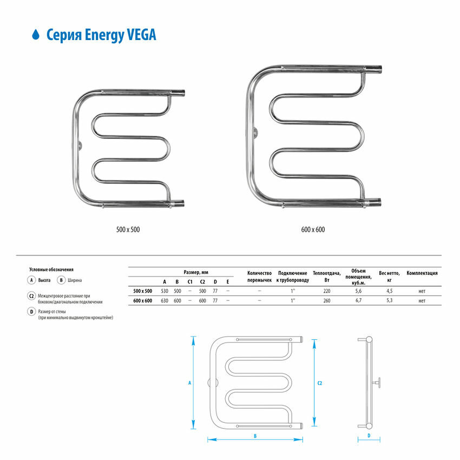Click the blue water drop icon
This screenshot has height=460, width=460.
[36, 35]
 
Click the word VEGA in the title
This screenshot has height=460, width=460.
[141, 35]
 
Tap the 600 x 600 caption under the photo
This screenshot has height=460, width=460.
[313, 229]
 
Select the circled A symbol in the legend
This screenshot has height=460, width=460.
[32, 280]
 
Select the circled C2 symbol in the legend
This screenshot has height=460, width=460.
[32, 296]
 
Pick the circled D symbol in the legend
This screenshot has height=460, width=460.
[32, 312]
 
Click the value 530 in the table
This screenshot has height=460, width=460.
[165, 291]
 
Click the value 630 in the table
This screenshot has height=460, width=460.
[165, 300]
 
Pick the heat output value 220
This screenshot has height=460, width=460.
[326, 291]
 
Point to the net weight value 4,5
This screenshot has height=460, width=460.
[389, 291]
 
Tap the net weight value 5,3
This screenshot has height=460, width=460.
[389, 300]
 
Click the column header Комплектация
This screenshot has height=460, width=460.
[422, 273]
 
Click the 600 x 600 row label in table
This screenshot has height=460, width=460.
[142, 300]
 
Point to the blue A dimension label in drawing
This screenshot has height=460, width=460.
[190, 383]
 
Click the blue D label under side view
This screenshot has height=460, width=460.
[368, 435]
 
